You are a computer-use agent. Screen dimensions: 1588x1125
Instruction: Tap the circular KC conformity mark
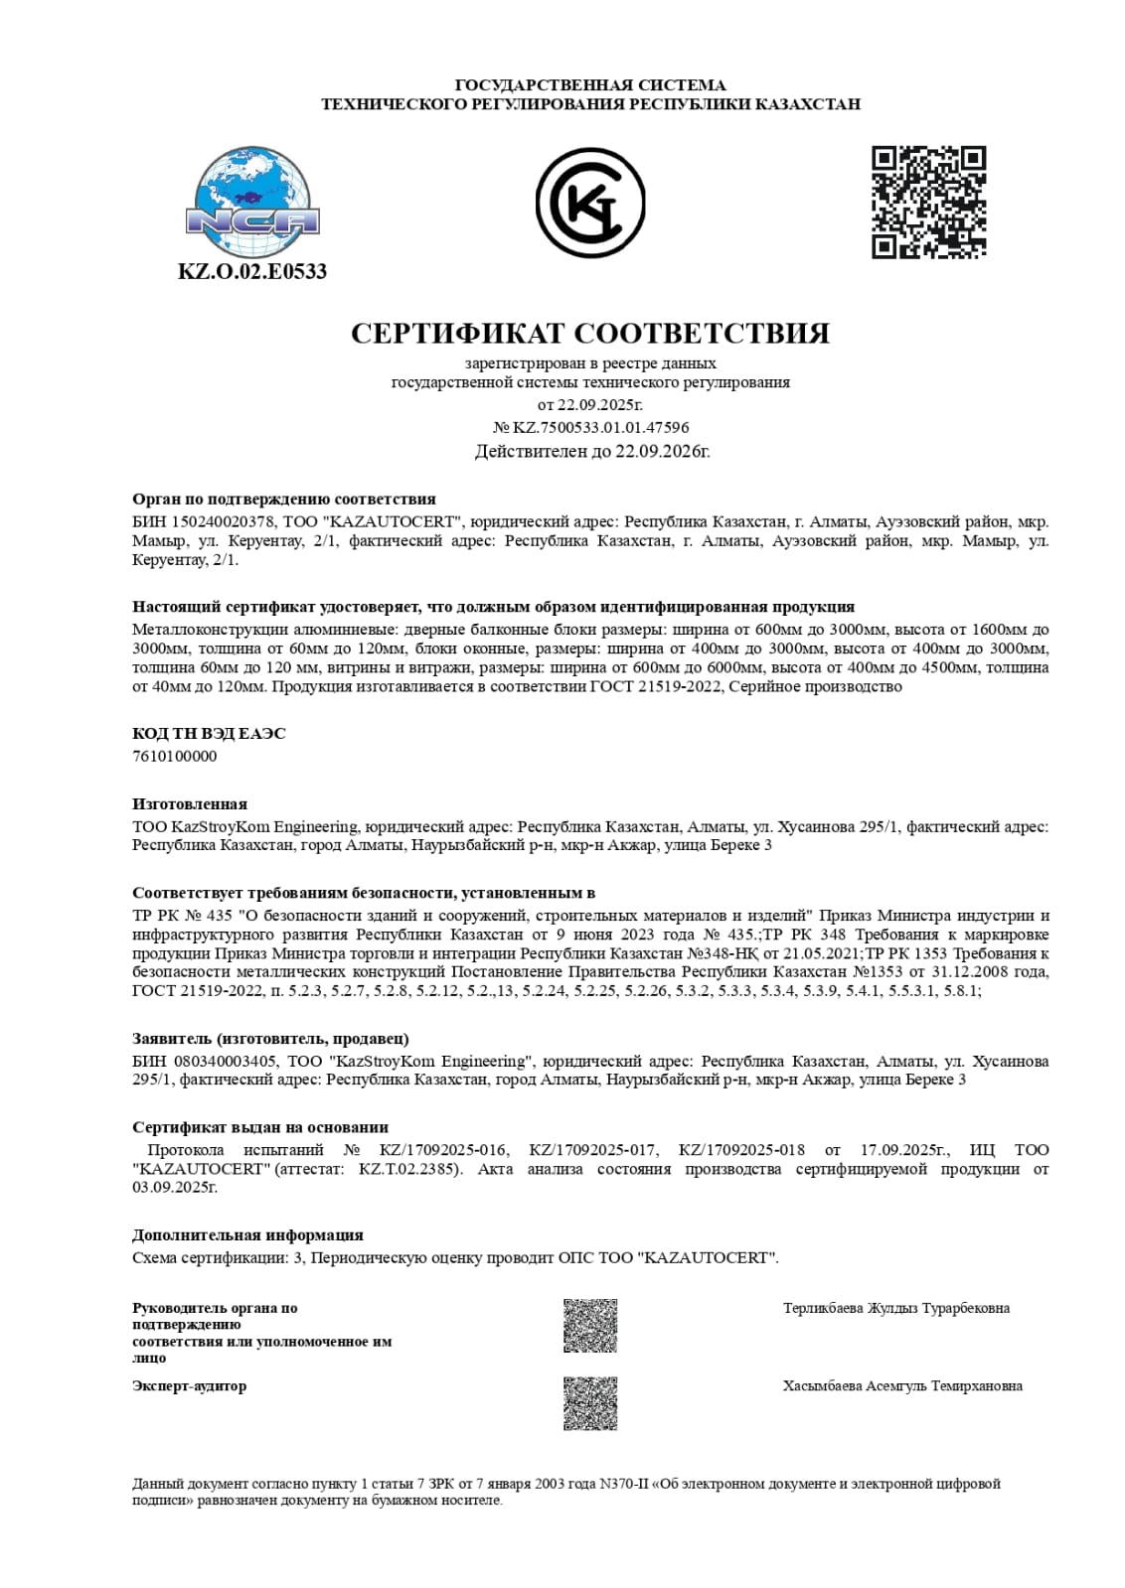click(590, 203)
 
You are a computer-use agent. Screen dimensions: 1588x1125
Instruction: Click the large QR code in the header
click(928, 202)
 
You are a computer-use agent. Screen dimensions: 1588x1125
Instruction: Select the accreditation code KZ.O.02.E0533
click(252, 271)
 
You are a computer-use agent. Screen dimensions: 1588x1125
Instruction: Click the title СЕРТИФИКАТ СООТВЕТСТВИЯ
click(590, 333)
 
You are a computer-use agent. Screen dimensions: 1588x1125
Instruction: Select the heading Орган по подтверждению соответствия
click(284, 499)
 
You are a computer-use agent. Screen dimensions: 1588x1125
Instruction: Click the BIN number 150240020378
click(225, 521)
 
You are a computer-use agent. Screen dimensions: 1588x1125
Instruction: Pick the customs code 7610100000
click(175, 756)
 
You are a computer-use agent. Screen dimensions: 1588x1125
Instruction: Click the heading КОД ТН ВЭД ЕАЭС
click(209, 733)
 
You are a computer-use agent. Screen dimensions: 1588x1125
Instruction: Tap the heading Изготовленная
click(190, 803)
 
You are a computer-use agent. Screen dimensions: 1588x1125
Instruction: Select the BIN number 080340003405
click(225, 1061)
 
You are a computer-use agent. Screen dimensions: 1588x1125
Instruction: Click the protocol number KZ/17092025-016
click(443, 1149)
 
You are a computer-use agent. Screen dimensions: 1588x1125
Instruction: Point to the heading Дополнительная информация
click(247, 1234)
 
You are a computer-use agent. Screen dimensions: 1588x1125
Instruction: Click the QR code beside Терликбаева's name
click(590, 1325)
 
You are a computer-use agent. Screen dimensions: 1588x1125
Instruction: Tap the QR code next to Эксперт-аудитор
click(590, 1402)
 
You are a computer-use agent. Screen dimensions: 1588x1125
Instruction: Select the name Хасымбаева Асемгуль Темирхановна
click(902, 1385)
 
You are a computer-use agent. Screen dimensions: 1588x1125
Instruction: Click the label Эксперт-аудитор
click(189, 1385)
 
